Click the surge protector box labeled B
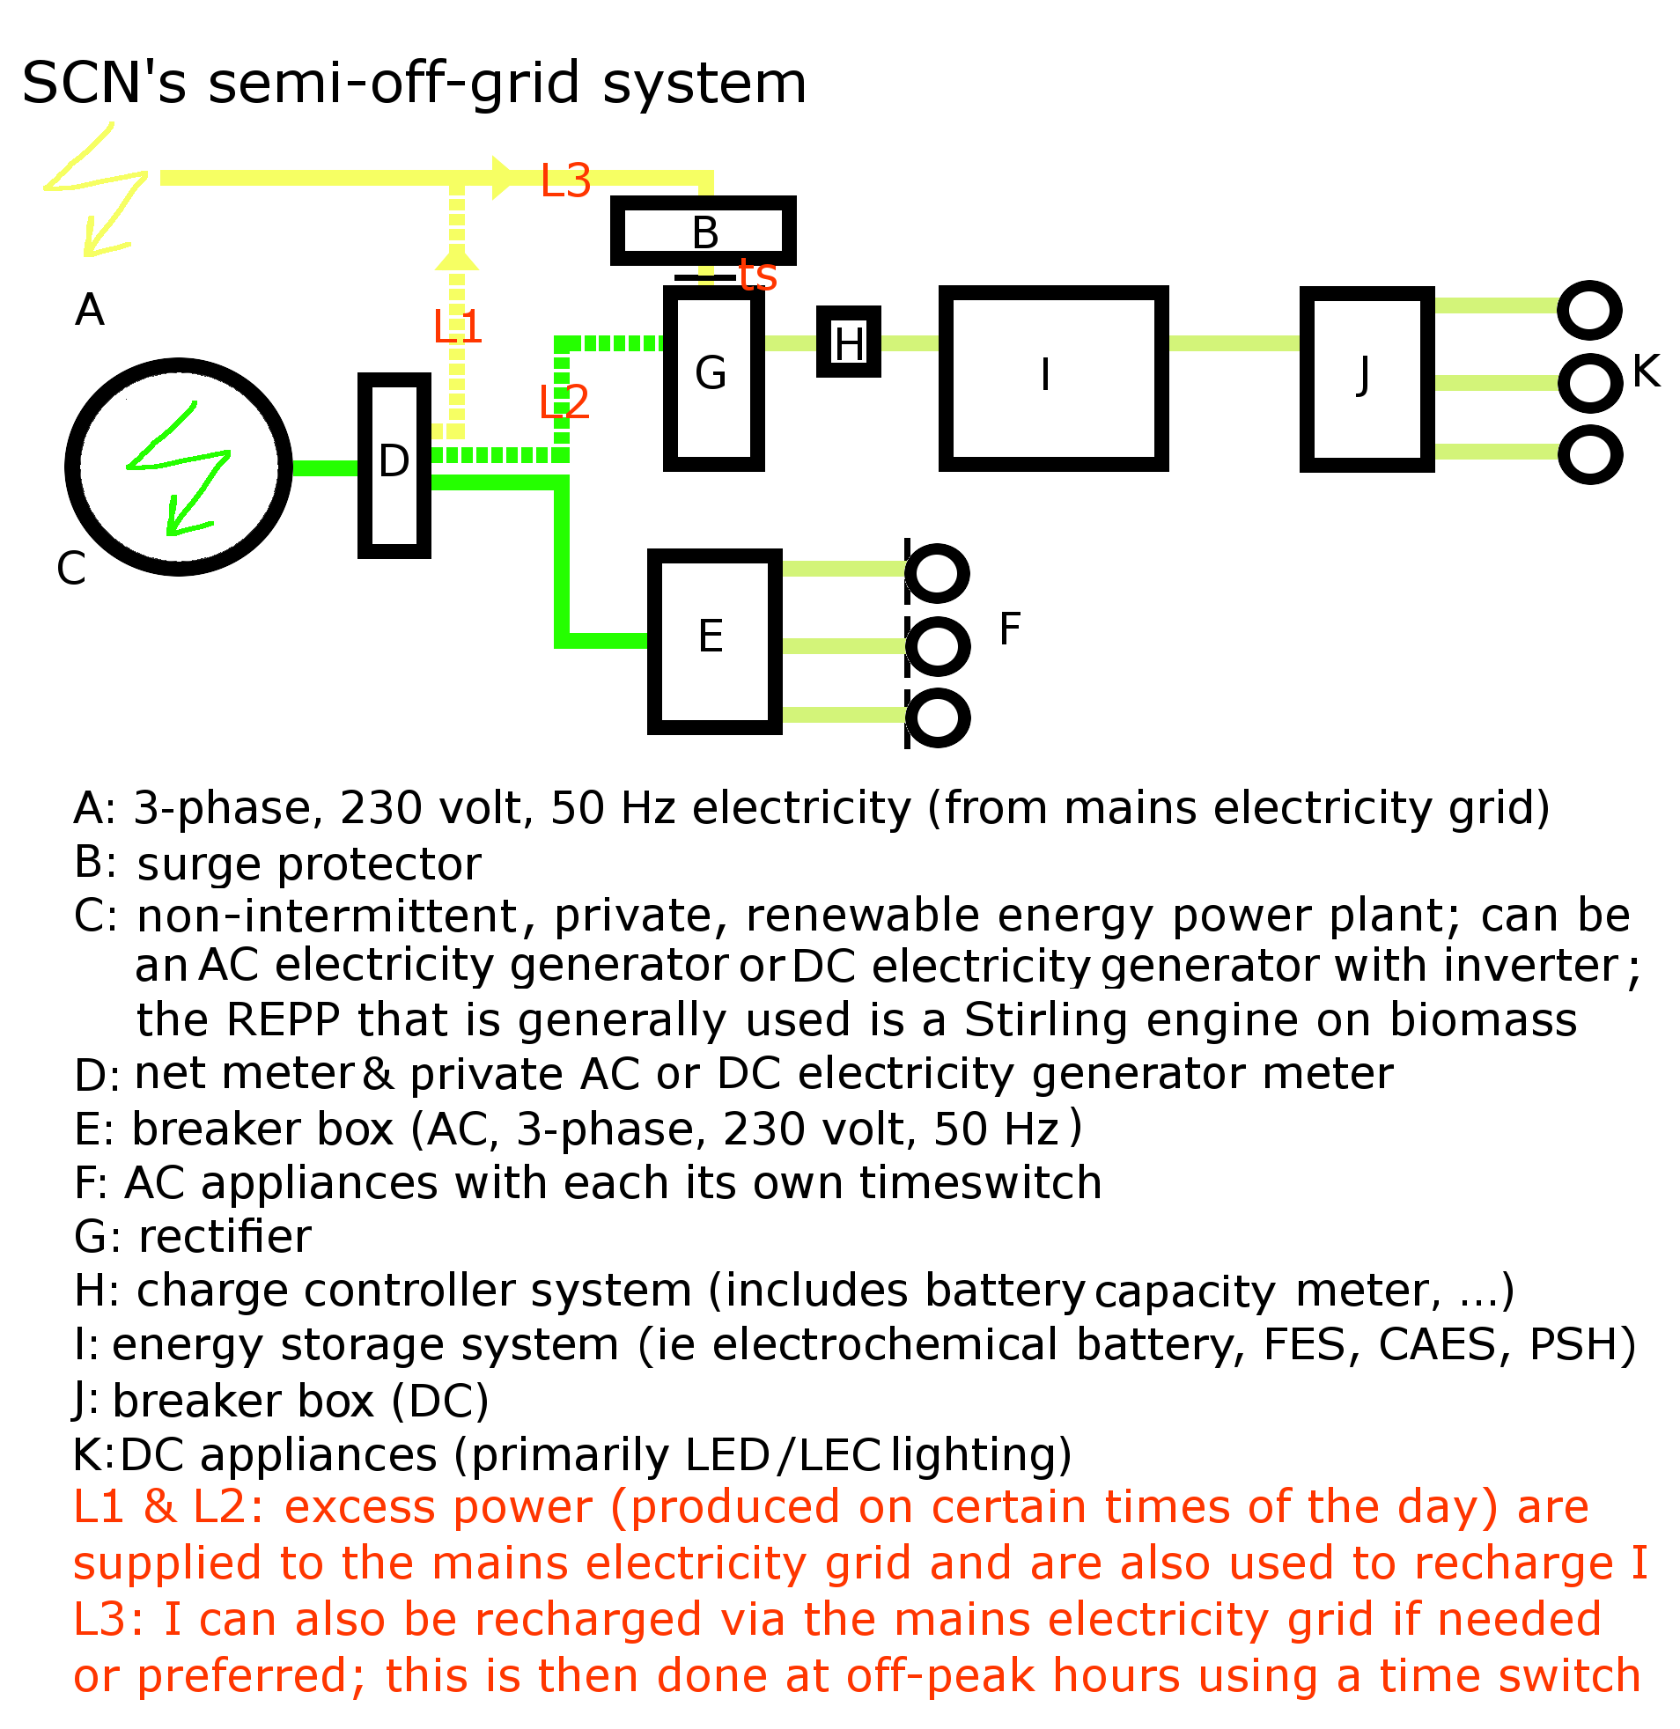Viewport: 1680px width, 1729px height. [x=704, y=232]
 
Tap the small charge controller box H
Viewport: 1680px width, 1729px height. [x=848, y=342]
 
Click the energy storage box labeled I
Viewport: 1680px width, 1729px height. [x=1053, y=378]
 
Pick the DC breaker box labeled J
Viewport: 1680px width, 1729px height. [x=1366, y=378]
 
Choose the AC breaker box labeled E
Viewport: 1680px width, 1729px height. [x=714, y=640]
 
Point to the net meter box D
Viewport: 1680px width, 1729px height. [x=394, y=465]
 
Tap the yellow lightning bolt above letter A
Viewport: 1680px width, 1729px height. [x=97, y=189]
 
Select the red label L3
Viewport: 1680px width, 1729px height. [x=564, y=180]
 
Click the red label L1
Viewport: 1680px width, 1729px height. [x=457, y=327]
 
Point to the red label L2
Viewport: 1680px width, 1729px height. [x=564, y=402]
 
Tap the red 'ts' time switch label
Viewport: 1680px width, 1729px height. [x=757, y=276]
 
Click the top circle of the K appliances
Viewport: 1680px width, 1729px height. [x=1589, y=310]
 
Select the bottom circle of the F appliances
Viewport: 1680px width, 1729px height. [x=937, y=718]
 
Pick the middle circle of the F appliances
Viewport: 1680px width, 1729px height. [x=937, y=645]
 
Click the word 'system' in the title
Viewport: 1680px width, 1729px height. [x=704, y=83]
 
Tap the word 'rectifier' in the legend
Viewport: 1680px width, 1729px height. [x=225, y=1236]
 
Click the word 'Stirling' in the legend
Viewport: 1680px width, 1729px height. [x=1044, y=1019]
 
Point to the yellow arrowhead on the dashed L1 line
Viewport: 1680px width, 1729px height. [x=457, y=258]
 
